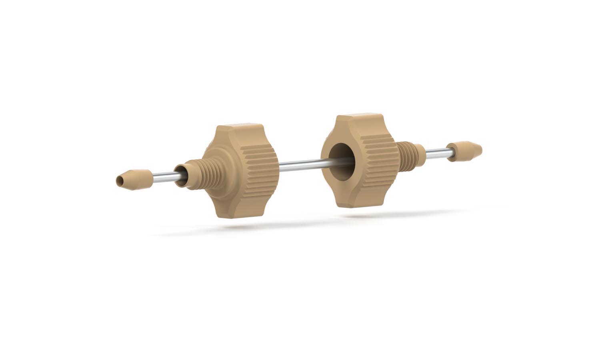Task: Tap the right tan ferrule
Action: point(464,151)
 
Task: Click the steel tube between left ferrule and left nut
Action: point(164,176)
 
